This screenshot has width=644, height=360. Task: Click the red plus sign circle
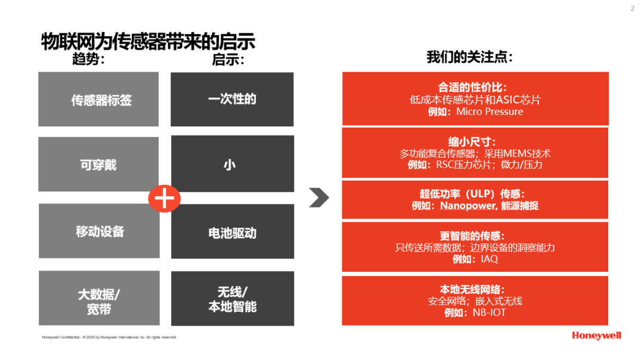point(165,198)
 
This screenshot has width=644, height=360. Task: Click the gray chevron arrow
point(319,197)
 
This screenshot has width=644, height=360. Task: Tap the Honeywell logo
point(596,336)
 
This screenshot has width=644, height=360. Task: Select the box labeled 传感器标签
point(98,100)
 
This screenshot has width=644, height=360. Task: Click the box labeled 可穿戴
point(98,164)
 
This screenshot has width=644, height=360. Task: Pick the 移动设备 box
point(99,231)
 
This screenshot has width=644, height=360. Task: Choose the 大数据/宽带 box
point(99,298)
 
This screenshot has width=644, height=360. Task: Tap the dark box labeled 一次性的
point(232,100)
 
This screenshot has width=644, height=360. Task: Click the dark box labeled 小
point(233,164)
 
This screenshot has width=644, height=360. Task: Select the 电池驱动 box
point(233,231)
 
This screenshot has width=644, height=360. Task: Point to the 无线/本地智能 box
point(233,299)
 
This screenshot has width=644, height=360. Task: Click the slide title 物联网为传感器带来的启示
point(148,42)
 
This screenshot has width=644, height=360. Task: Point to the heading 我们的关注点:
point(470,57)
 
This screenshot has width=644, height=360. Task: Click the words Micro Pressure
point(490,111)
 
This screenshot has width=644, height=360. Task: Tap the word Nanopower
point(468,205)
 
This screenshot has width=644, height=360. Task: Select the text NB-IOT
point(489,312)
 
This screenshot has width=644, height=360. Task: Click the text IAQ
point(489,259)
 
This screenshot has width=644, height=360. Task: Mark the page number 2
point(633,8)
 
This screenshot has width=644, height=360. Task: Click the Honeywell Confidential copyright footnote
point(109,337)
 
